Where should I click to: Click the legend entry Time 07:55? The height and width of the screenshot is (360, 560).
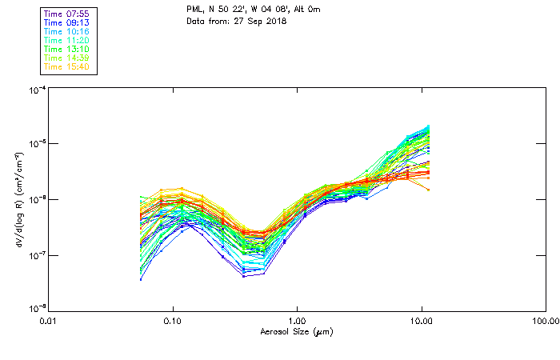(x=67, y=14)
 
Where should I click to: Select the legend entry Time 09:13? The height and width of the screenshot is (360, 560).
(x=67, y=22)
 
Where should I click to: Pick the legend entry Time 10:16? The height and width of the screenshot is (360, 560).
(x=67, y=31)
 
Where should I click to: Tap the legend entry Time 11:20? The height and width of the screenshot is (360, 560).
(x=67, y=40)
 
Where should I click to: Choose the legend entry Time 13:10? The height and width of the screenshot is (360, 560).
(x=67, y=49)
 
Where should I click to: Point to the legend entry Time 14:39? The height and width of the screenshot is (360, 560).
(x=67, y=58)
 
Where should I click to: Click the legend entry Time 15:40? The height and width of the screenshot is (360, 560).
(x=67, y=66)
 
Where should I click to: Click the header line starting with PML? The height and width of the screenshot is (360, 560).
(x=253, y=10)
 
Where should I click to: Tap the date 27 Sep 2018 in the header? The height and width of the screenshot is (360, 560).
(x=261, y=20)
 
